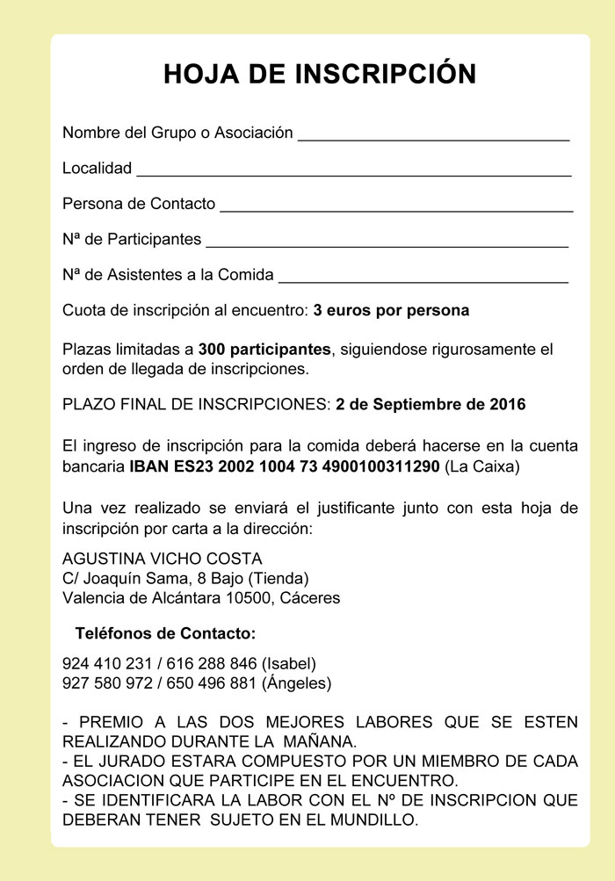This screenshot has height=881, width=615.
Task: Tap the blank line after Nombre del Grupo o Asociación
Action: pos(434,139)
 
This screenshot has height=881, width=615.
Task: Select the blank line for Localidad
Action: pos(354,174)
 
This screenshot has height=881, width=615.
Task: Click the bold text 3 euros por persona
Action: pos(391,310)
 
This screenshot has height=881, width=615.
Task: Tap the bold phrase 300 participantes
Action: pos(265,349)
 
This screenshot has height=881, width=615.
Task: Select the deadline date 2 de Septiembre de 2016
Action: pos(430,405)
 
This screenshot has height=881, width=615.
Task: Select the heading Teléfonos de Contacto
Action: pos(166,632)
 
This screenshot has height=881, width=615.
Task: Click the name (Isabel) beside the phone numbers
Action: pos(289,663)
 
